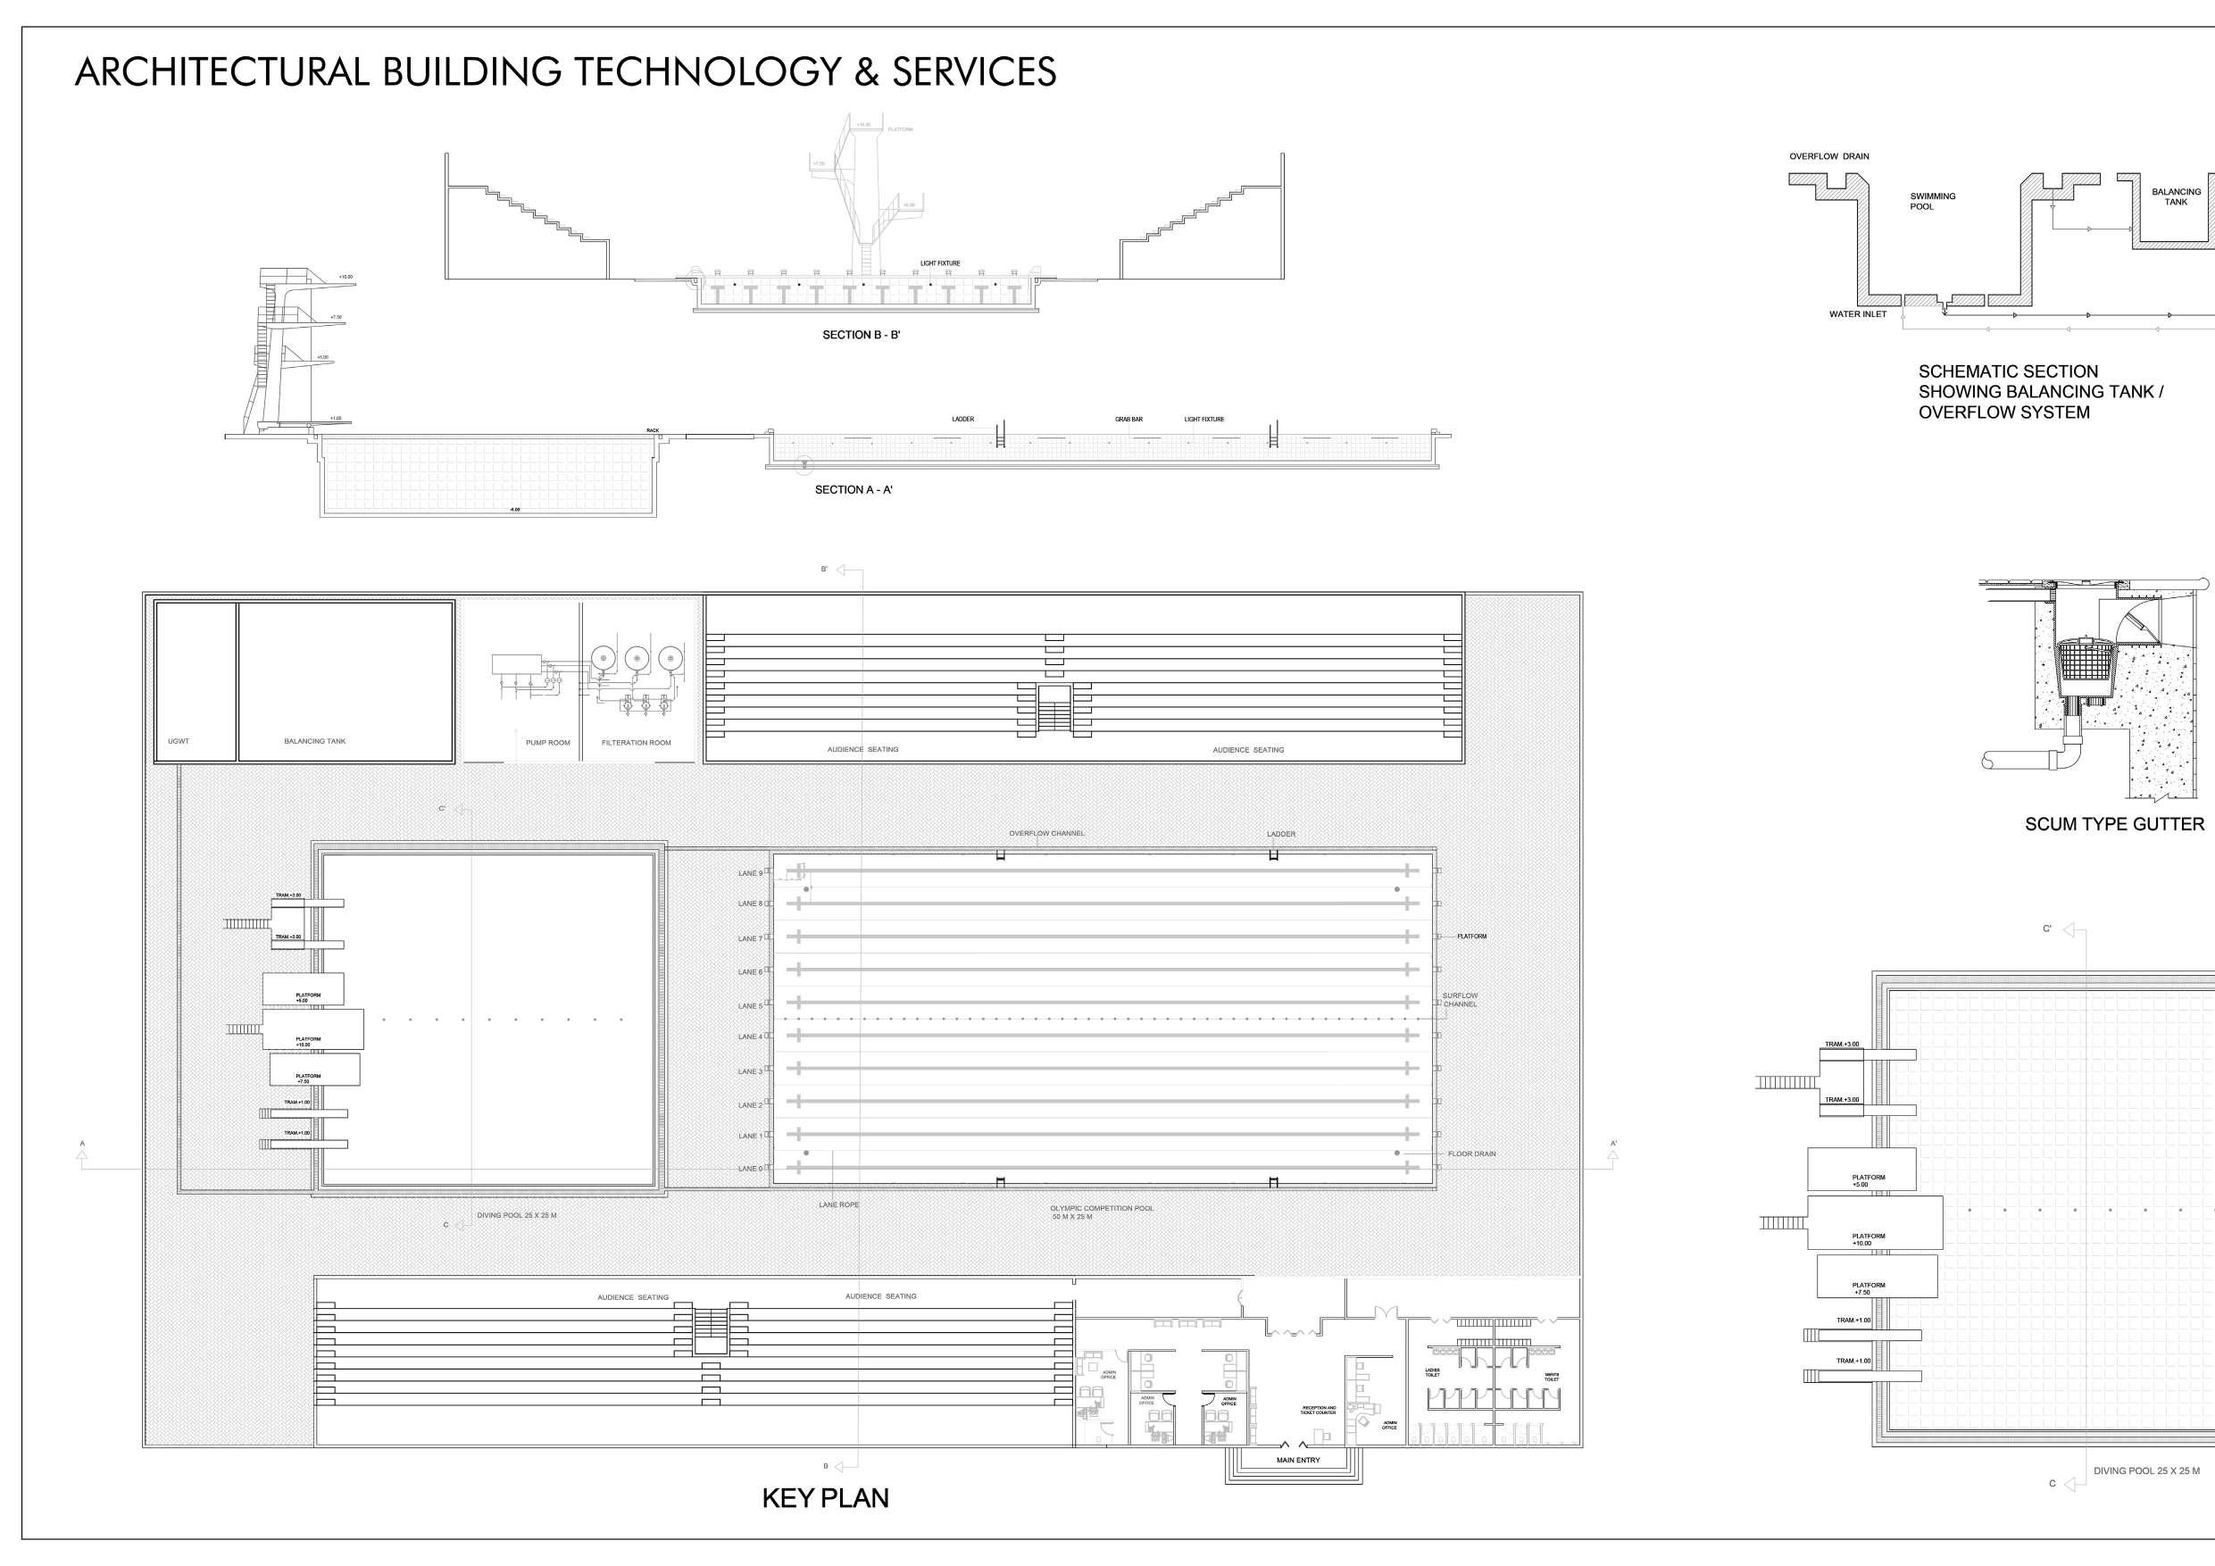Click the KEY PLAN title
[x=825, y=1497]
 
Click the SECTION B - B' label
[x=861, y=335]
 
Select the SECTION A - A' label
[x=854, y=490]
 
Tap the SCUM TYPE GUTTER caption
[x=2114, y=824]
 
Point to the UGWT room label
[x=179, y=741]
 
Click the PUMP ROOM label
[x=547, y=742]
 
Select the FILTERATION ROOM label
[x=636, y=742]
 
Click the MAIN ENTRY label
[x=1297, y=1460]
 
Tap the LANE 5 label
[x=750, y=1005]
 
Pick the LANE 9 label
[x=750, y=873]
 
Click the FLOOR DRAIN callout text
[x=1471, y=1154]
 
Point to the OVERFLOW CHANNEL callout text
[x=1046, y=833]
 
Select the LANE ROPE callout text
[x=838, y=1205]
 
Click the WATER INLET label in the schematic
[x=1857, y=314]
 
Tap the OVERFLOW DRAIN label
[x=1828, y=156]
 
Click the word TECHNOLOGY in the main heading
[x=715, y=72]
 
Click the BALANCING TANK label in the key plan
[x=314, y=741]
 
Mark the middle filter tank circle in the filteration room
[x=635, y=658]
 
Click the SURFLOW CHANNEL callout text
[x=1460, y=1000]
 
